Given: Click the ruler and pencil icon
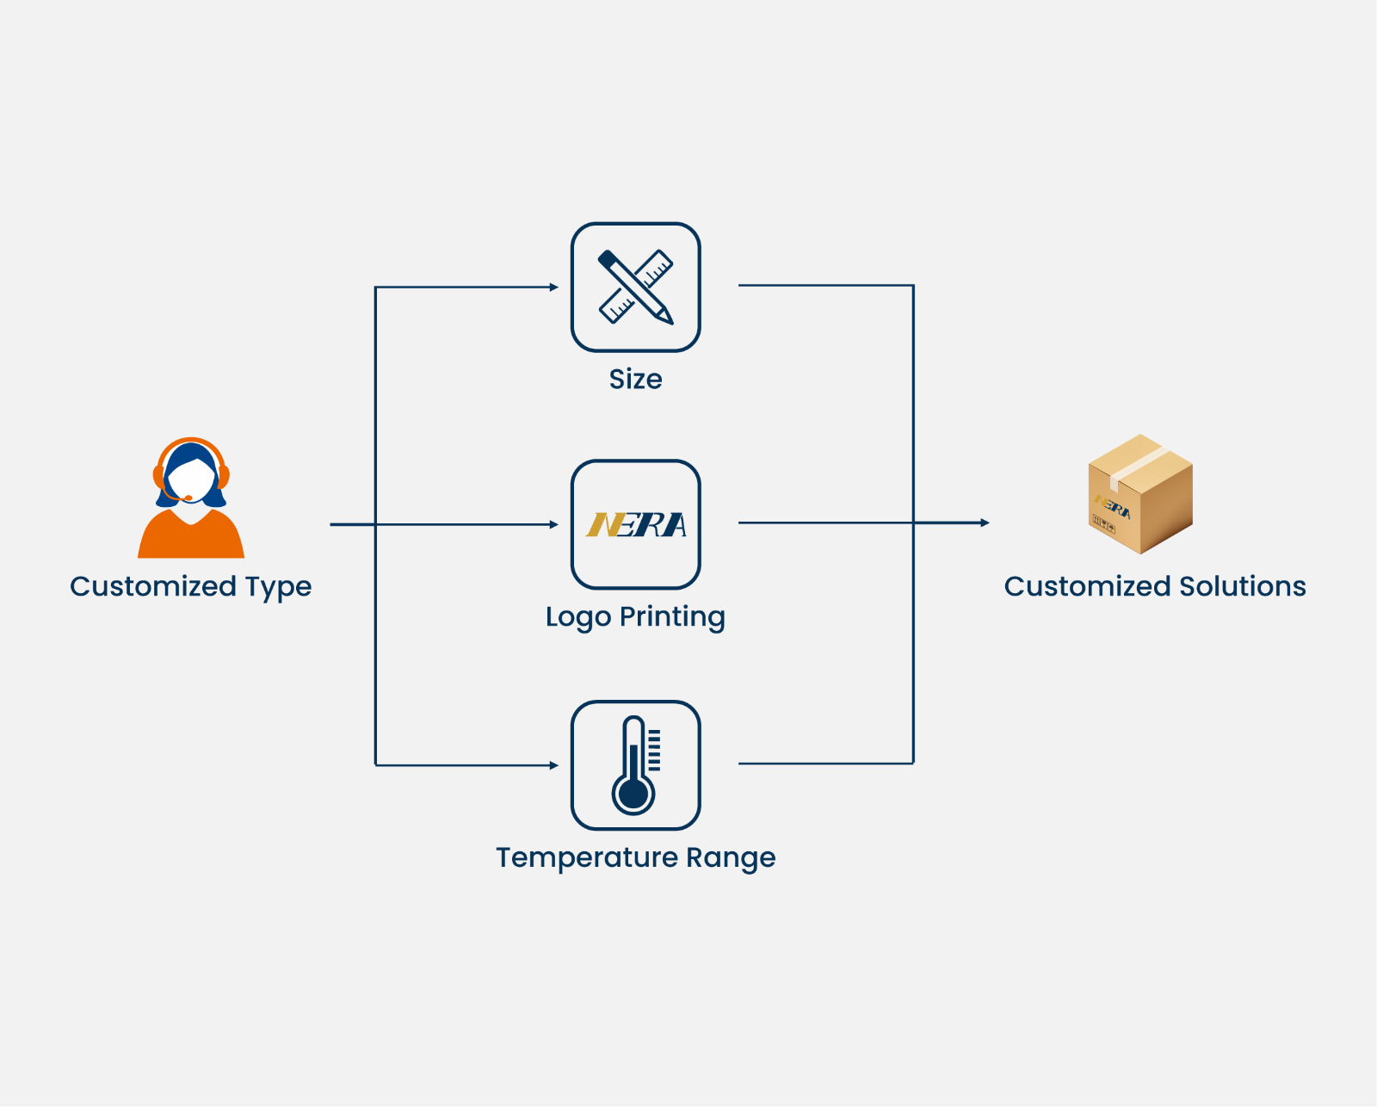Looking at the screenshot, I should click(x=636, y=287).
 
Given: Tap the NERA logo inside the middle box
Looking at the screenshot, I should click(x=636, y=524).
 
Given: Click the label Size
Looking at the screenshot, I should click(x=636, y=379).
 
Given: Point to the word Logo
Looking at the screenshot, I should click(x=577, y=617).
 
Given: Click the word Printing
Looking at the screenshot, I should click(x=672, y=617).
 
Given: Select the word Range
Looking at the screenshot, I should click(x=731, y=857).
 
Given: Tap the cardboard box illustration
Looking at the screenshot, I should click(x=1140, y=494).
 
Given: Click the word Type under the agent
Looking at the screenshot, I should click(x=278, y=587).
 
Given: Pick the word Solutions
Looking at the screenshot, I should click(x=1242, y=586).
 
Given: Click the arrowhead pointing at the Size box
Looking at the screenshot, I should click(x=554, y=288).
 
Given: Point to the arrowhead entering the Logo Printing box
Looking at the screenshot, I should click(x=554, y=524).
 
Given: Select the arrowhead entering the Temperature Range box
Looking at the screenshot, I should click(x=554, y=765).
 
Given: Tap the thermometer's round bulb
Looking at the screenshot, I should click(x=633, y=795).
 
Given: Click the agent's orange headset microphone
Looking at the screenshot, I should click(x=188, y=498).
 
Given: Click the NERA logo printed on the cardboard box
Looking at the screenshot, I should click(x=1113, y=506).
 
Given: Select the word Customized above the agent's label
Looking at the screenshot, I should click(x=153, y=586).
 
